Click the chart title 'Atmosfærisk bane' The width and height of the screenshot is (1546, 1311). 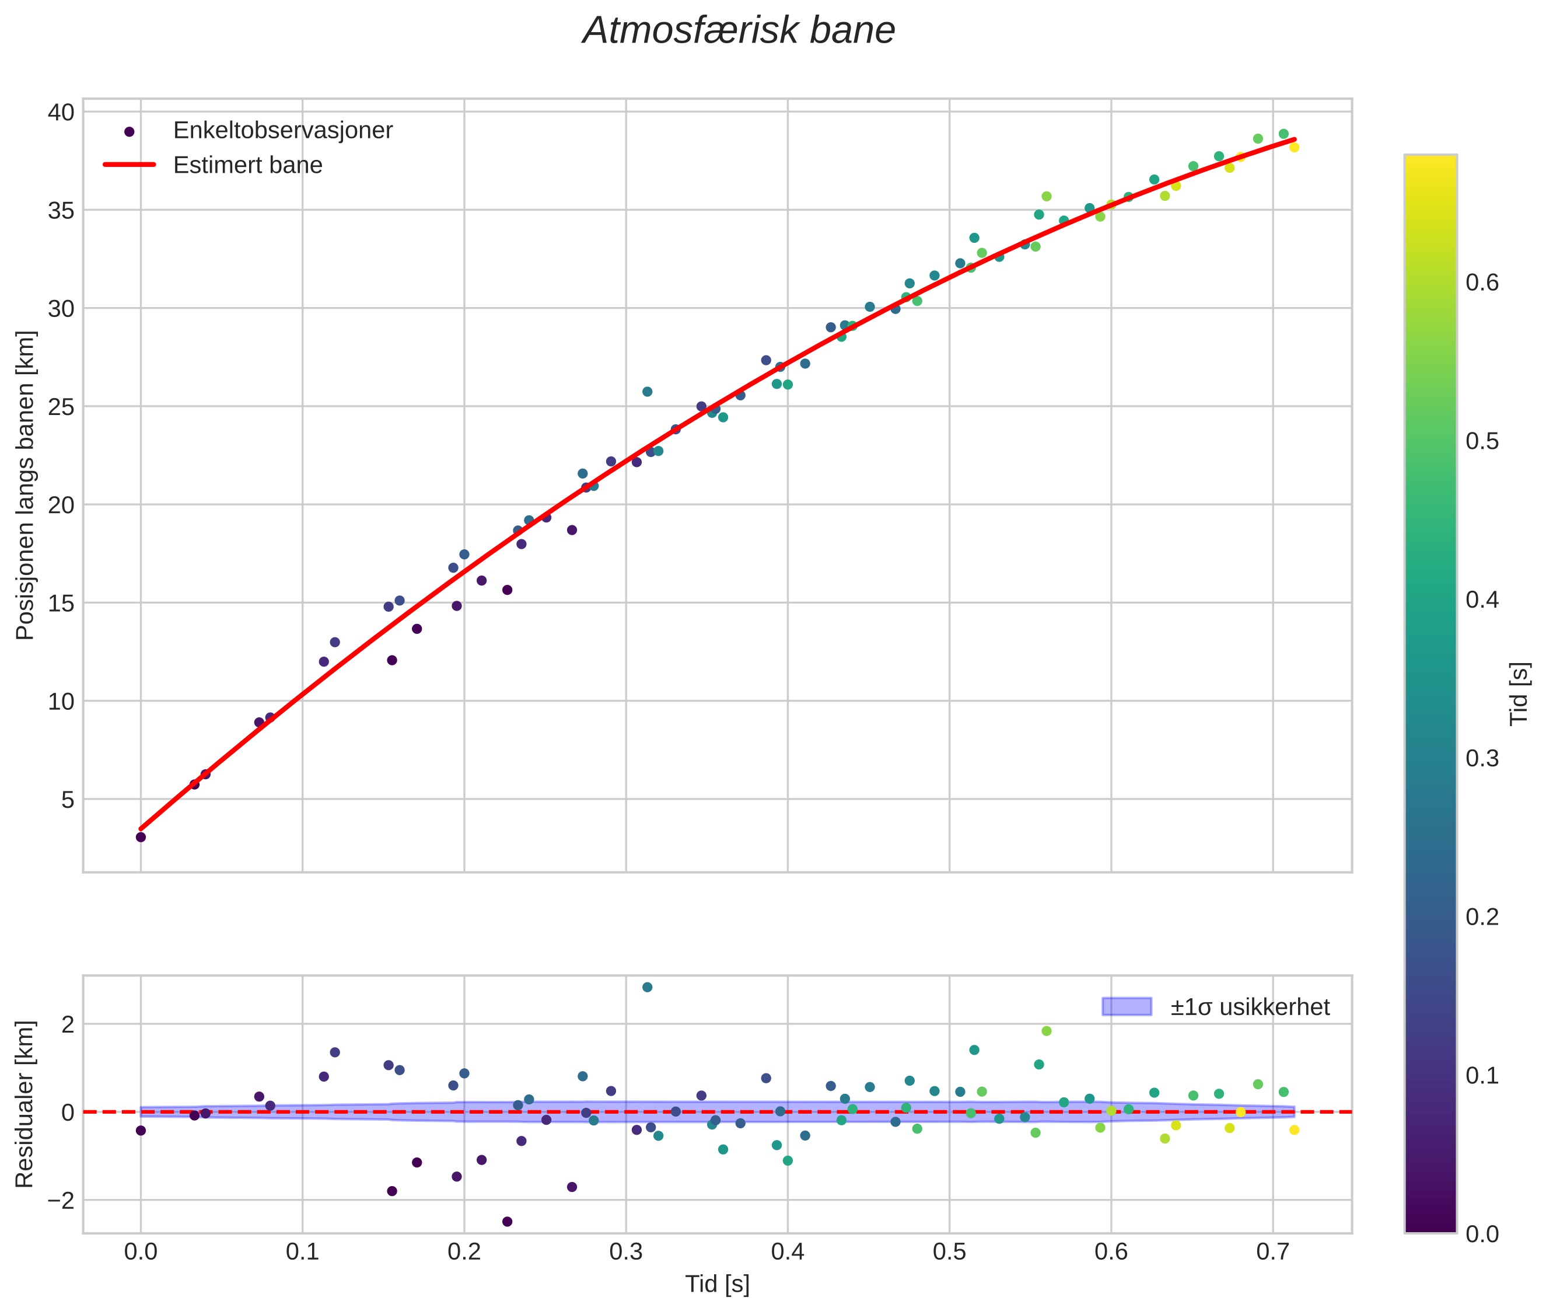pyautogui.click(x=739, y=31)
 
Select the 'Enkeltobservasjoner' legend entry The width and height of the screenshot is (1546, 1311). pyautogui.click(x=282, y=131)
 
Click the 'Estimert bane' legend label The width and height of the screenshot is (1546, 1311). pyautogui.click(x=247, y=165)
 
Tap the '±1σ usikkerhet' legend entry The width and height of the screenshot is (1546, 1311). pyautogui.click(x=1250, y=1007)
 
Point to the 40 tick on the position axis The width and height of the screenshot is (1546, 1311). pyautogui.click(x=62, y=112)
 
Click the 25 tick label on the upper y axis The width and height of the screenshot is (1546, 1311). pyautogui.click(x=62, y=406)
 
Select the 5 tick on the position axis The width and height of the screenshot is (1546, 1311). pyautogui.click(x=68, y=800)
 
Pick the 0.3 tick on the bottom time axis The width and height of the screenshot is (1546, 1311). pyautogui.click(x=625, y=1252)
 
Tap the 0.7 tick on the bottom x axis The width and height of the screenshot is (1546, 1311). pyautogui.click(x=1272, y=1252)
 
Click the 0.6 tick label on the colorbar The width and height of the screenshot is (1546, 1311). pyautogui.click(x=1482, y=283)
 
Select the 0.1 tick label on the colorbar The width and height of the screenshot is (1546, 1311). pyautogui.click(x=1482, y=1075)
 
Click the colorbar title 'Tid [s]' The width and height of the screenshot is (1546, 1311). pyautogui.click(x=1520, y=693)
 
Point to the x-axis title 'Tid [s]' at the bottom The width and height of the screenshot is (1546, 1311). pyautogui.click(x=717, y=1284)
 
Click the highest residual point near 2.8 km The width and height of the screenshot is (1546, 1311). pyautogui.click(x=647, y=988)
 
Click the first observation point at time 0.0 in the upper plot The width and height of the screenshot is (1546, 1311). pyautogui.click(x=141, y=838)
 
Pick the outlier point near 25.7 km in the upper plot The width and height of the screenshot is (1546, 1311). pyautogui.click(x=647, y=392)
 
